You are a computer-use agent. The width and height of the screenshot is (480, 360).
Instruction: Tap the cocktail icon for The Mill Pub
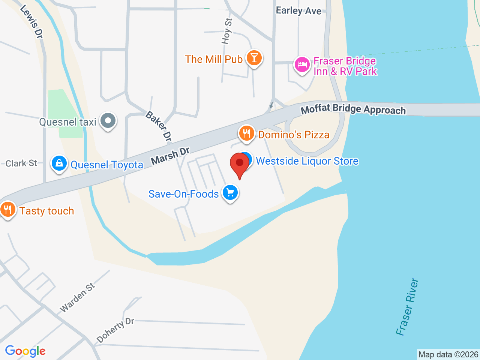click(x=254, y=58)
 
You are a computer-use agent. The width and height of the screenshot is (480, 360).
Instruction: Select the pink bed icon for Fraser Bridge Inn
click(x=301, y=65)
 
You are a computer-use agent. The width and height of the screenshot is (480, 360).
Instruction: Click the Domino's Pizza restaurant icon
click(x=246, y=133)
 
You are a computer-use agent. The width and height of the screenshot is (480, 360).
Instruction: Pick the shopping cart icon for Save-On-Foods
click(x=230, y=193)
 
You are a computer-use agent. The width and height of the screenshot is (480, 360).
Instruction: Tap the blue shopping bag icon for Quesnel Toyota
click(x=59, y=163)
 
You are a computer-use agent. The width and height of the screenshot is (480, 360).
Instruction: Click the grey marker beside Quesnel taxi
click(x=108, y=121)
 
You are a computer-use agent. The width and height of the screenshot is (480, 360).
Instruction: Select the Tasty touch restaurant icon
click(x=7, y=209)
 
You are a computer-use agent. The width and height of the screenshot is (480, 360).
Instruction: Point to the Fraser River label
click(x=407, y=307)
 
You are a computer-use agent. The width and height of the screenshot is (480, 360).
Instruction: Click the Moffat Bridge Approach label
click(x=353, y=109)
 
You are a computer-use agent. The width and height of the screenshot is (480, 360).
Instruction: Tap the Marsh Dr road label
click(x=170, y=156)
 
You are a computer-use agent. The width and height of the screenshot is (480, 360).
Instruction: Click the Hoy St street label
click(x=227, y=31)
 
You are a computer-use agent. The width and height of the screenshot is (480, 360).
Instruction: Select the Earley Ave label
click(x=298, y=10)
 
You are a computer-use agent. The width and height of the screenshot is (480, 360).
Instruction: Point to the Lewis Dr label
click(x=31, y=21)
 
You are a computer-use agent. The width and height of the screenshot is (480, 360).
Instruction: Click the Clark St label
click(x=21, y=163)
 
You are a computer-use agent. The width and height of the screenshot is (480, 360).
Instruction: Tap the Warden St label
click(x=78, y=298)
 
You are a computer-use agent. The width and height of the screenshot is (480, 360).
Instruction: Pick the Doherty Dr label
click(x=115, y=330)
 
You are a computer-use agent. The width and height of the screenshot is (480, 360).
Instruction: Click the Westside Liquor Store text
click(x=307, y=161)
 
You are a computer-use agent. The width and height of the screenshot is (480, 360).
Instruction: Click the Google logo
click(x=25, y=351)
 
